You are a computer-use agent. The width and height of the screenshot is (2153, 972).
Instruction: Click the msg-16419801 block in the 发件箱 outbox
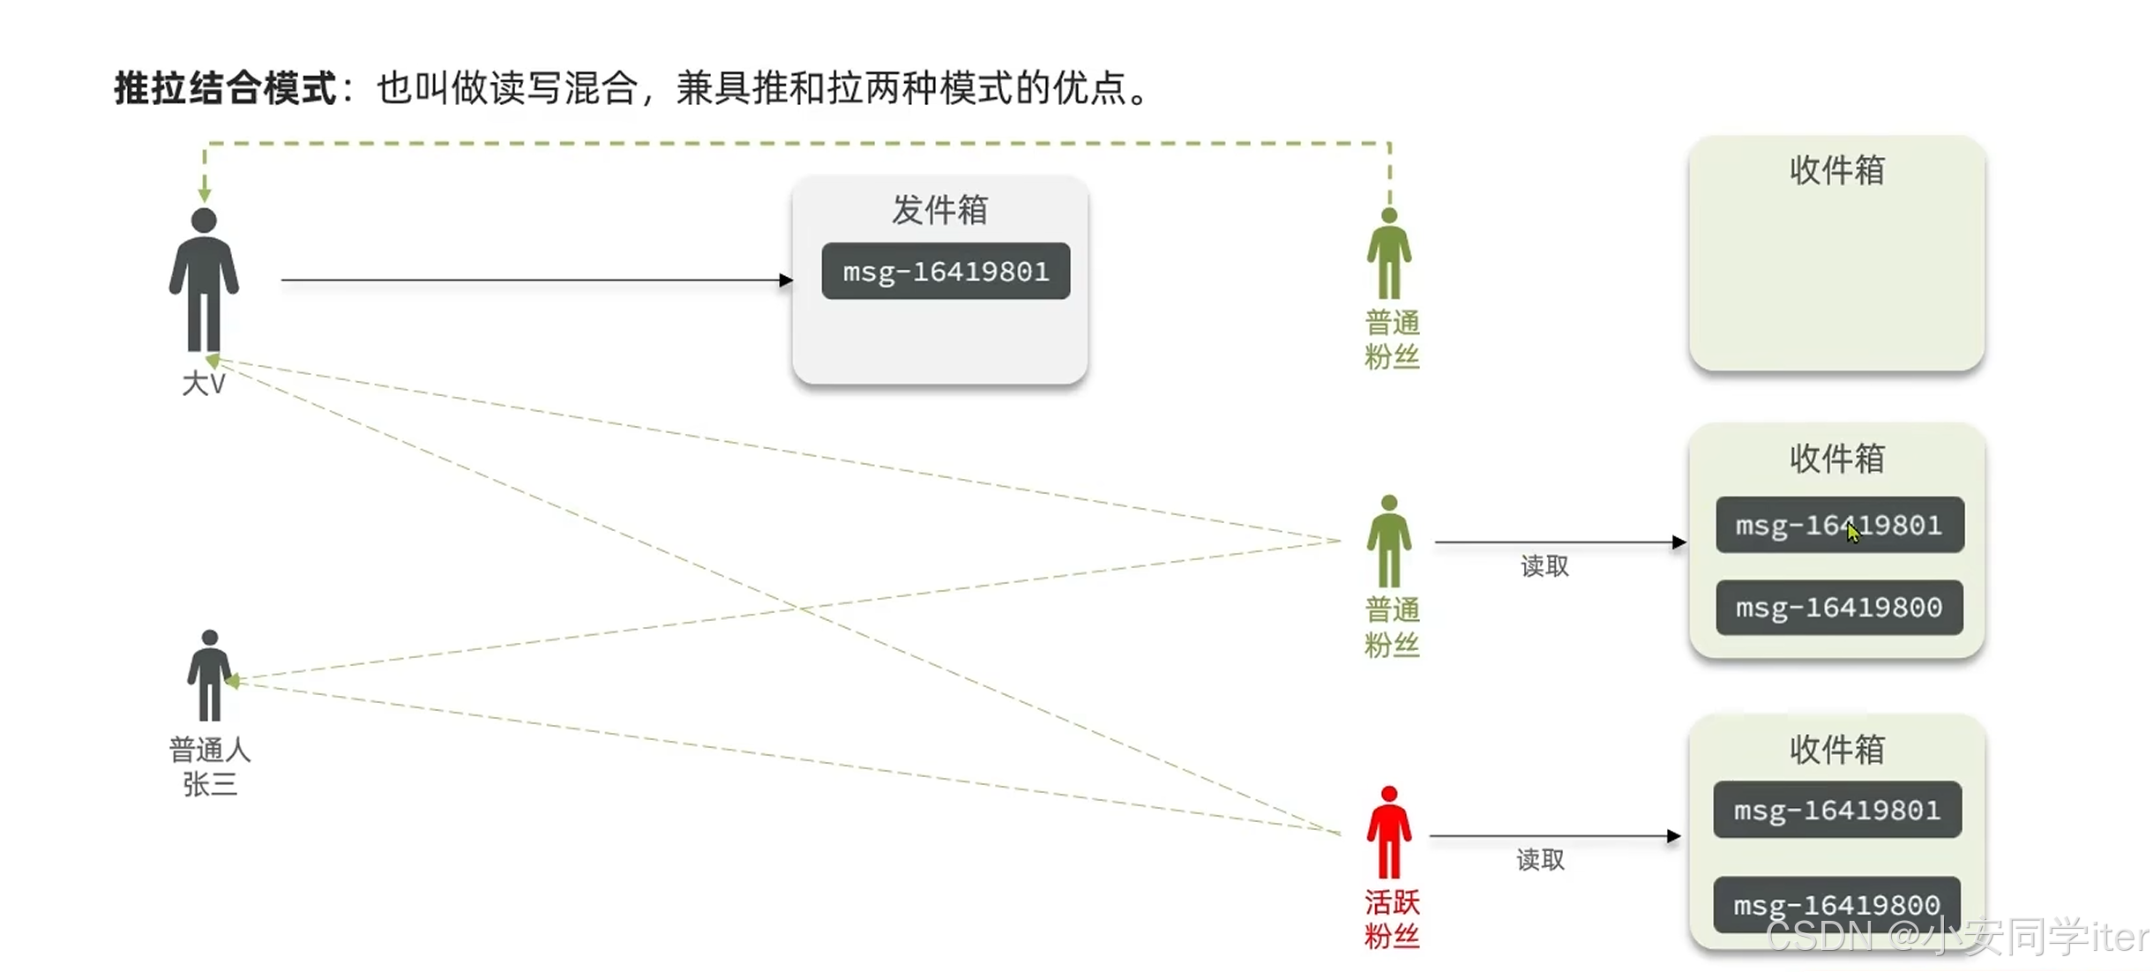(945, 271)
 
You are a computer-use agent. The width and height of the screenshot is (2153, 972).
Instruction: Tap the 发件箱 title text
(939, 210)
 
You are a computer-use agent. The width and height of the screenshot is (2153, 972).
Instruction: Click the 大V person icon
(204, 280)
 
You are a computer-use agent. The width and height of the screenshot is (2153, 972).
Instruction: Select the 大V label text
(204, 384)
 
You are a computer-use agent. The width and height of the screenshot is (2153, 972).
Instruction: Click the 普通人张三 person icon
(209, 676)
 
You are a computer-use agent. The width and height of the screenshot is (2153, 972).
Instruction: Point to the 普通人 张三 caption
(210, 766)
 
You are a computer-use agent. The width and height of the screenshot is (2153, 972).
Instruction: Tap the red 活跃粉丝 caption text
(1392, 918)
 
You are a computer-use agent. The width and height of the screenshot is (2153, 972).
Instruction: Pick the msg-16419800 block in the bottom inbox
(1836, 904)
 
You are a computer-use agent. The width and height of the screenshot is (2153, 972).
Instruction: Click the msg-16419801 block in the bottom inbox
(1836, 810)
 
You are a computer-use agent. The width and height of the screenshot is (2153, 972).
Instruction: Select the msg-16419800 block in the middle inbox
(1839, 608)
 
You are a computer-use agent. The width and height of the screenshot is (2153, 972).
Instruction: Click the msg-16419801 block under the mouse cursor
(1839, 525)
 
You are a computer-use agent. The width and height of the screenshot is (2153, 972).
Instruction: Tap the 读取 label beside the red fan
(1540, 859)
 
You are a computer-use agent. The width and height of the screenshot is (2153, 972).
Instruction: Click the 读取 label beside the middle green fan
(1544, 566)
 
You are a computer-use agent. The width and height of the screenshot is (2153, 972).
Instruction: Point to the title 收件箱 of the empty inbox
(1836, 170)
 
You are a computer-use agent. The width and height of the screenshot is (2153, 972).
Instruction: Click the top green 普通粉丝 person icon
(1389, 254)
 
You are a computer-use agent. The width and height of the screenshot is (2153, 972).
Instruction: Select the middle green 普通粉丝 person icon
(1389, 541)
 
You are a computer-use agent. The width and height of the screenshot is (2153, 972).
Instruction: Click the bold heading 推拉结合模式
(226, 88)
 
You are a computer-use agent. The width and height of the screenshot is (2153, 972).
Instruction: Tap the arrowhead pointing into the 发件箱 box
(786, 280)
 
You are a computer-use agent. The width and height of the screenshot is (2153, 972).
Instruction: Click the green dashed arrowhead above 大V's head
(205, 194)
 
